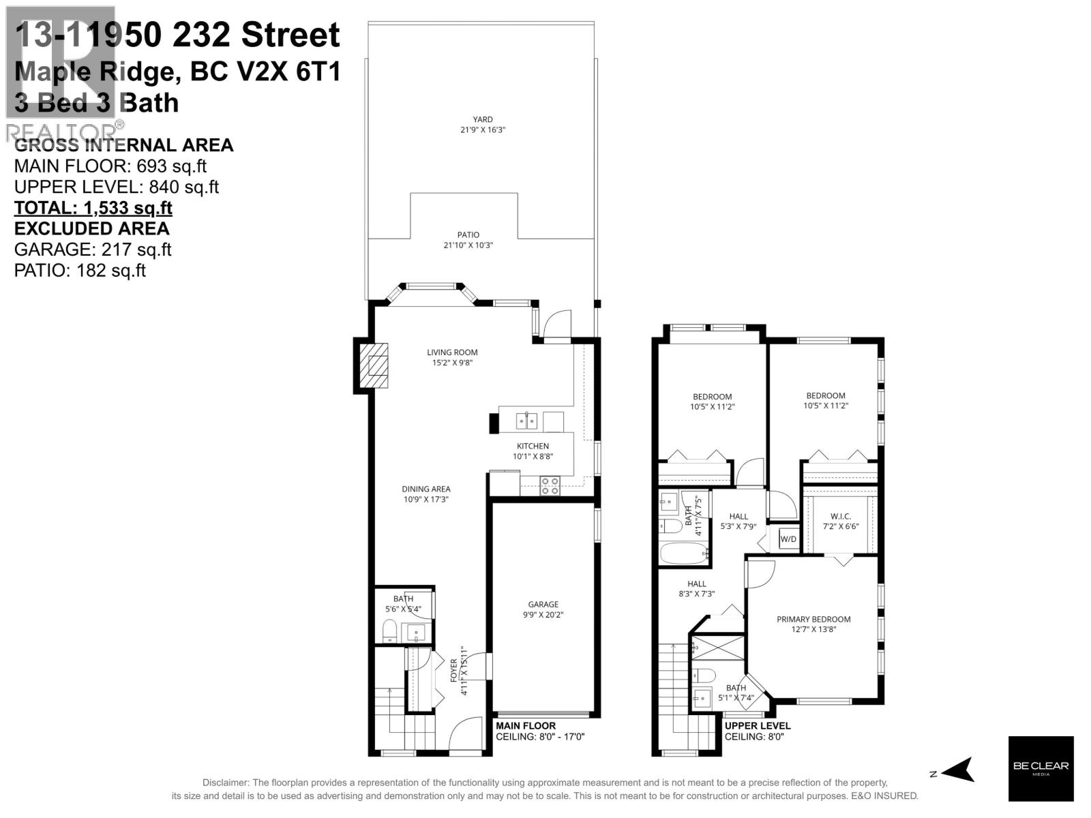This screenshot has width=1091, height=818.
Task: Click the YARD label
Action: (x=483, y=119)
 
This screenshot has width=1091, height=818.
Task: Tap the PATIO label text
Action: (x=468, y=235)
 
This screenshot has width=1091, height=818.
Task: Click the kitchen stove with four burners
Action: (x=550, y=486)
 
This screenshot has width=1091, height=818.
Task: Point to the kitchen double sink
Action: (x=526, y=421)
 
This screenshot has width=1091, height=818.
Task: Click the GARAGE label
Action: (x=543, y=604)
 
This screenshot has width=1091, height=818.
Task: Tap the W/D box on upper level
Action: (x=788, y=539)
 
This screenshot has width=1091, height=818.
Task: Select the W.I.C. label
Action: (x=840, y=516)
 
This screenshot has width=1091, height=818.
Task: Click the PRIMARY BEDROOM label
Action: (x=813, y=619)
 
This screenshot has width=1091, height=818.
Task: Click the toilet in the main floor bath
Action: (x=390, y=632)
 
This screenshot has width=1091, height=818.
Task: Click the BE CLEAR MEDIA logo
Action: (x=1041, y=768)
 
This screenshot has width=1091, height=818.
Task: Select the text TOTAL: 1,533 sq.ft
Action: (x=93, y=207)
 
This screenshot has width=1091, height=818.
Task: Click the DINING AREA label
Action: (x=425, y=489)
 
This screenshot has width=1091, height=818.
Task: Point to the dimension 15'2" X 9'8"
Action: (x=452, y=363)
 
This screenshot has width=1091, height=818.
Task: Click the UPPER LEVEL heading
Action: (x=757, y=725)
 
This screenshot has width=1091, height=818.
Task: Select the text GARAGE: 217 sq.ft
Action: (x=93, y=249)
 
